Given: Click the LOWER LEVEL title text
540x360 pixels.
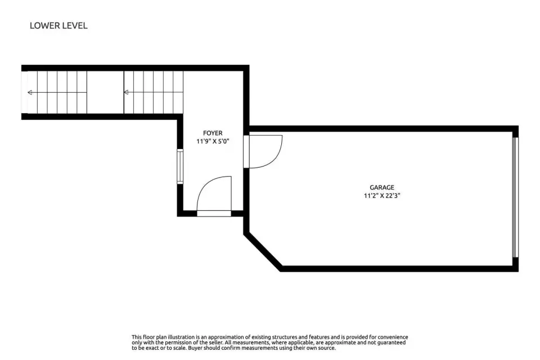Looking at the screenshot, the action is [58, 25].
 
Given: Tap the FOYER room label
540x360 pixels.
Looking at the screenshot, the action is [213, 133].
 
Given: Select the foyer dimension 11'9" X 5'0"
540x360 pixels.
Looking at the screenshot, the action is [213, 141].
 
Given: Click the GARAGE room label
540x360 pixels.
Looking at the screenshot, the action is [382, 187].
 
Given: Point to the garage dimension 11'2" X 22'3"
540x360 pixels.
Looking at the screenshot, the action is [382, 196].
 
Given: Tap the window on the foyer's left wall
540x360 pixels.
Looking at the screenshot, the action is [180, 166].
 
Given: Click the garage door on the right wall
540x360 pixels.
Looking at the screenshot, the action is [515, 197].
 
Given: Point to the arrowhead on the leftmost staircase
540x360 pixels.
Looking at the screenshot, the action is [30, 92].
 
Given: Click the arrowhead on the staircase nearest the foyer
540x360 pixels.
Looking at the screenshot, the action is [126, 92].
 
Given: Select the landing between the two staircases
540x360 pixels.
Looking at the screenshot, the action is [105, 92].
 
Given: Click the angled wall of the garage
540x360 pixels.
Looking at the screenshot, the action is [263, 251].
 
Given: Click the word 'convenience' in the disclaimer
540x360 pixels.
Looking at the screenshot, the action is [391, 337].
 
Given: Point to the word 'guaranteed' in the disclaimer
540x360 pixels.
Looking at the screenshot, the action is [391, 343].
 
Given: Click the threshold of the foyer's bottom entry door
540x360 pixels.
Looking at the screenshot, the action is [214, 214].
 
